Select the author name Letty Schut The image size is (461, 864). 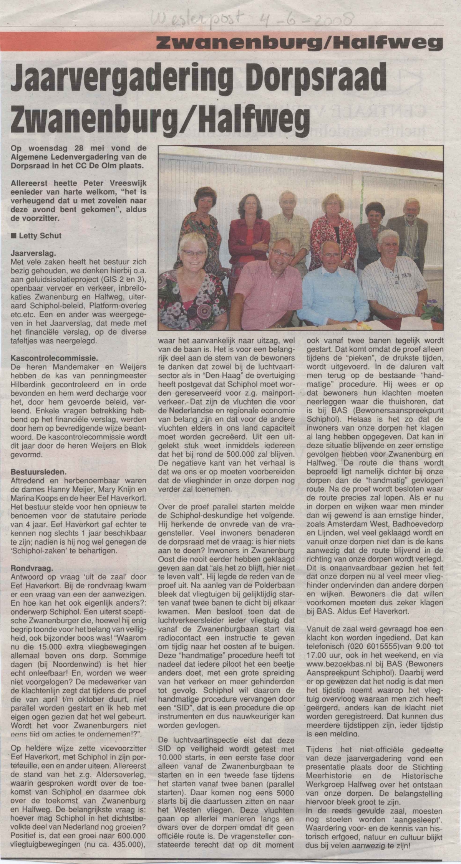point(40,236)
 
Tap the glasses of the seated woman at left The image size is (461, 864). point(194,252)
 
